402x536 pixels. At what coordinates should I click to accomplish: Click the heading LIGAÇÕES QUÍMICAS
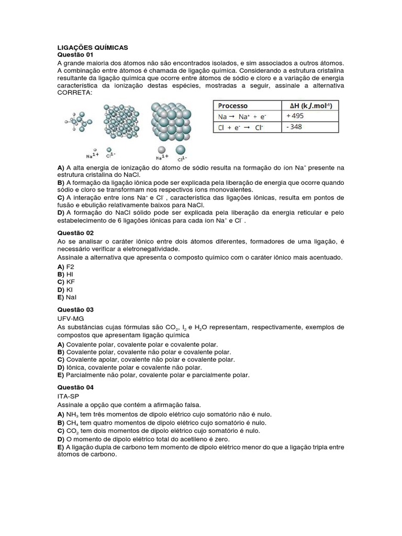(92, 47)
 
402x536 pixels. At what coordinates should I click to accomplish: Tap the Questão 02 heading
(75, 232)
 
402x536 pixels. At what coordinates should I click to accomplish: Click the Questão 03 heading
(75, 310)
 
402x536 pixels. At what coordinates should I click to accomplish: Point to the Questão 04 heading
(75, 387)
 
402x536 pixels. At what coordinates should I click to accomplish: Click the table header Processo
(233, 105)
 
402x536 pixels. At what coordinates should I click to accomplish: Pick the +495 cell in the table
(296, 116)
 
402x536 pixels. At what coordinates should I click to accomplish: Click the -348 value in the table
(295, 127)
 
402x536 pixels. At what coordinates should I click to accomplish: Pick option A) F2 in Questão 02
(66, 266)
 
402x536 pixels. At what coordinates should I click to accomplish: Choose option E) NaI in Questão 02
(67, 297)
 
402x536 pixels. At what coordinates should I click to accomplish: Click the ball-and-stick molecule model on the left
(79, 122)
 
